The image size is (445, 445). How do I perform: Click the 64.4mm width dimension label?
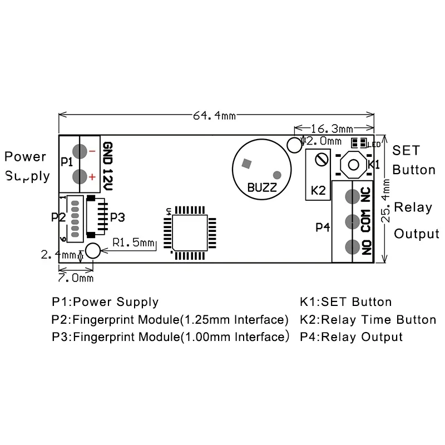pyautogui.click(x=214, y=115)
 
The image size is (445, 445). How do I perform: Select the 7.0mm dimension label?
pyautogui.click(x=76, y=276)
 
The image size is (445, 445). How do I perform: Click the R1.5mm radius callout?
pyautogui.click(x=132, y=243)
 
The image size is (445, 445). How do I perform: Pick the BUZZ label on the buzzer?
pyautogui.click(x=262, y=187)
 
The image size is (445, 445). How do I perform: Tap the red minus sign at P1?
pyautogui.click(x=92, y=150)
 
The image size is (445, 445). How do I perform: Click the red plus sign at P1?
pyautogui.click(x=92, y=177)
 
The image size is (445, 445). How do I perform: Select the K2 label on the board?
pyautogui.click(x=318, y=190)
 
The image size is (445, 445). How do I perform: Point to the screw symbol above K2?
pyautogui.click(x=321, y=160)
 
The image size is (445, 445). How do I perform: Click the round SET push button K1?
pyautogui.click(x=353, y=164)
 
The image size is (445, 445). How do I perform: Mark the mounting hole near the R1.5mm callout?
pyautogui.click(x=93, y=251)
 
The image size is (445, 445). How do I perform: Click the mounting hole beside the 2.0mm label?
pyautogui.click(x=294, y=145)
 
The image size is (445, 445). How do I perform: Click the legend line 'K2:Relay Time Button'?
pyautogui.click(x=368, y=320)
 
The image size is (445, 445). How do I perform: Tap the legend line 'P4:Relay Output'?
pyautogui.click(x=351, y=337)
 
